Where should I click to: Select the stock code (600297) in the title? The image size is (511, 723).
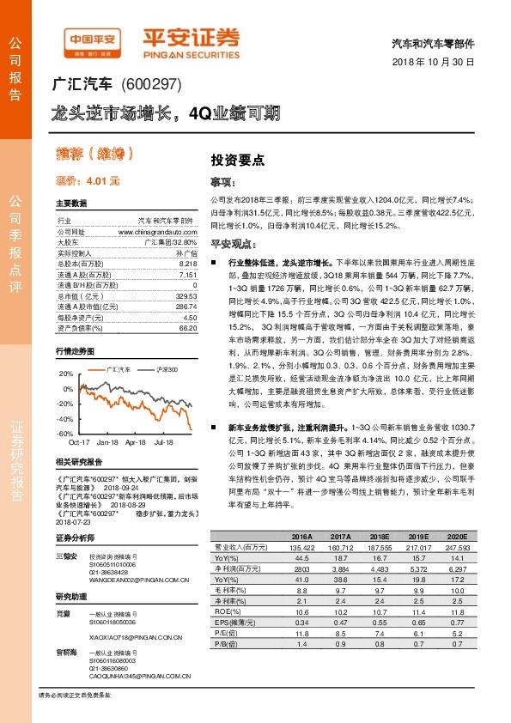coord(148,85)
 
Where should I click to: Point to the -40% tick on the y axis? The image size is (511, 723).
coord(65,418)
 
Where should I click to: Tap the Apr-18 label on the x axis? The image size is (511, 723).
coord(135,442)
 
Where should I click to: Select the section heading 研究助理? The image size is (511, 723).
coord(72,595)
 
